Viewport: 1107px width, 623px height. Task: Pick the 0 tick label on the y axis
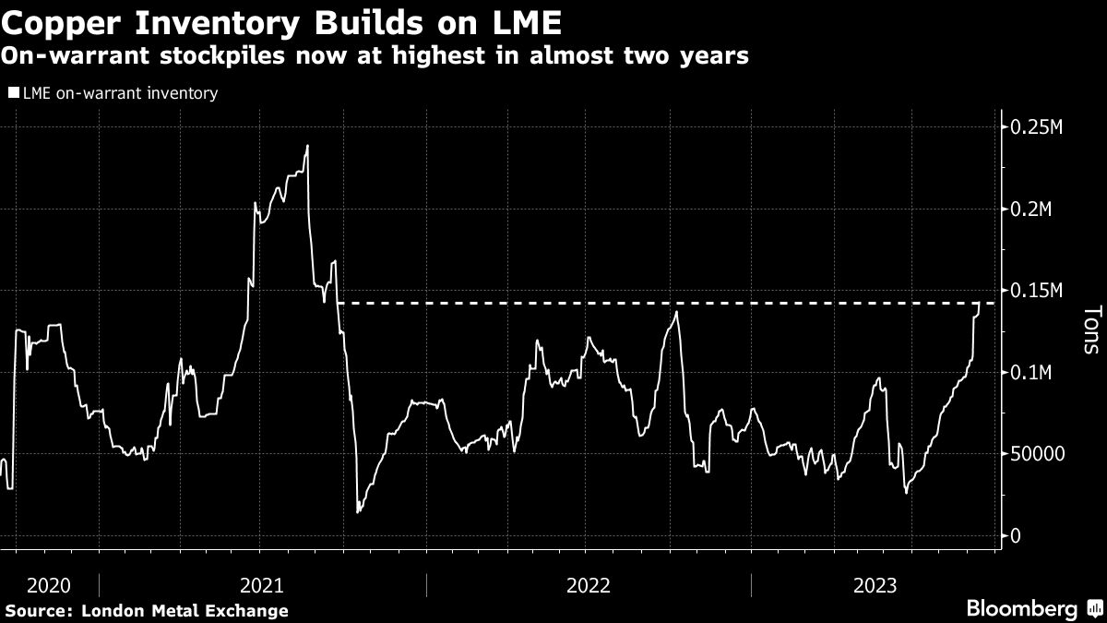pos(1016,536)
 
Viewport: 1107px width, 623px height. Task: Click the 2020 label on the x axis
pos(49,584)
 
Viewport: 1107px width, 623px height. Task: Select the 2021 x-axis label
pos(261,584)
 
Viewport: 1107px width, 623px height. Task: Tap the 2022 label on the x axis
pos(589,584)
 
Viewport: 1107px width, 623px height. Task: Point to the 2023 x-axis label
pos(875,584)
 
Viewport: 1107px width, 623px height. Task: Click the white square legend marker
pos(12,93)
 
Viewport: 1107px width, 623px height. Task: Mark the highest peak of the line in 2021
pos(307,145)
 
